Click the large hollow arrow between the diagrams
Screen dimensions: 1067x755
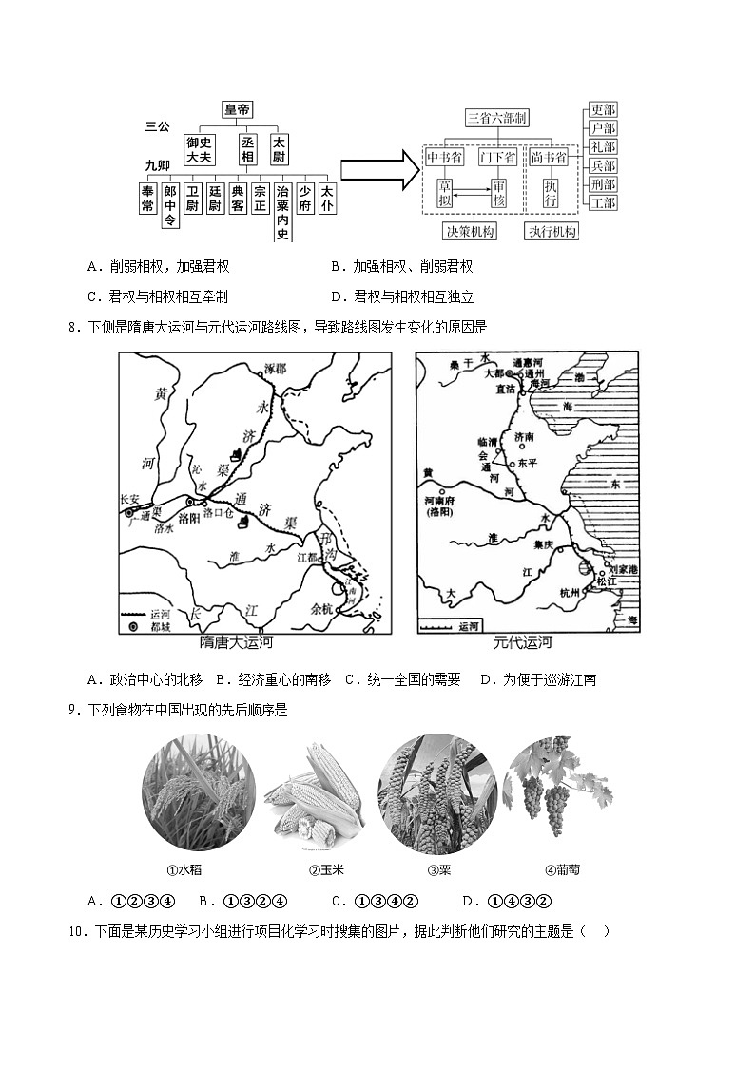pyautogui.click(x=379, y=171)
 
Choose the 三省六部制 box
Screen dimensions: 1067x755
pyautogui.click(x=496, y=118)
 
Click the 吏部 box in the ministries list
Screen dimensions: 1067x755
pyautogui.click(x=603, y=110)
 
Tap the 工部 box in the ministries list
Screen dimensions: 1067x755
pyautogui.click(x=603, y=202)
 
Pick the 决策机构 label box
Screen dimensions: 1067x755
pyautogui.click(x=470, y=231)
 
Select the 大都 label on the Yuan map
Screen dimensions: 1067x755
pyautogui.click(x=497, y=374)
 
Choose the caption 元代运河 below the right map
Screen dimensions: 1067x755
pyautogui.click(x=523, y=643)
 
